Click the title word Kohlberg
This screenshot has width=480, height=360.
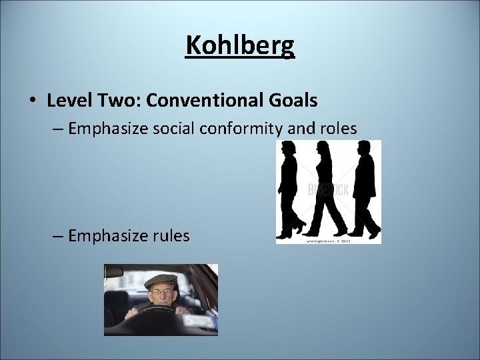coord(240,45)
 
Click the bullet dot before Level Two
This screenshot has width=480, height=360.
coord(33,101)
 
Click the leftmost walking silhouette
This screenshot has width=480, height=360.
coord(291,190)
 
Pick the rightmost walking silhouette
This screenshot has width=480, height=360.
coord(364,190)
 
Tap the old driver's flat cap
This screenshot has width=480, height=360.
coord(161,280)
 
